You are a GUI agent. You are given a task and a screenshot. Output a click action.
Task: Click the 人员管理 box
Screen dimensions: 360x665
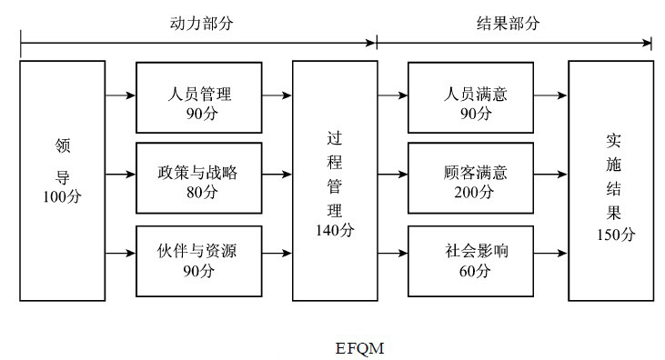pyautogui.click(x=199, y=96)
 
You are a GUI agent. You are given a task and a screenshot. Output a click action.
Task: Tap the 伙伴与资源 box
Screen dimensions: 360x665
pyautogui.click(x=199, y=258)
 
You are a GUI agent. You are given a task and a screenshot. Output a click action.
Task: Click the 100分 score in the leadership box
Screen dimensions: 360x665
pyautogui.click(x=62, y=196)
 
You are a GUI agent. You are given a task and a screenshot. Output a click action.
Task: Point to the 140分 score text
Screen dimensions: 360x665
pyautogui.click(x=335, y=229)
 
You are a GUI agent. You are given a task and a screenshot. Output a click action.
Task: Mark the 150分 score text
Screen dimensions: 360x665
pyautogui.click(x=610, y=235)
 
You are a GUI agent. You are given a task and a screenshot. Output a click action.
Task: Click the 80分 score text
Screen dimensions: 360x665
pyautogui.click(x=199, y=192)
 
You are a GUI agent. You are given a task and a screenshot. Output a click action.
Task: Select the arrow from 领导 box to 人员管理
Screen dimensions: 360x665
pyautogui.click(x=120, y=94)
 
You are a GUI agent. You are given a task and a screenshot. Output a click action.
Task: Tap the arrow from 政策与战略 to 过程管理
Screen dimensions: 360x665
pyautogui.click(x=277, y=174)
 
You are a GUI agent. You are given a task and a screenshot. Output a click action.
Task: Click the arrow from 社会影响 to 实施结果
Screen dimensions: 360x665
pyautogui.click(x=550, y=255)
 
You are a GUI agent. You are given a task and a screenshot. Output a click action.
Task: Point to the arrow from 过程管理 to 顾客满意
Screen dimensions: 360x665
pyautogui.click(x=392, y=174)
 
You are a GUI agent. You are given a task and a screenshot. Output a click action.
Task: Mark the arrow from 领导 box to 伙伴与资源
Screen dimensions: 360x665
pyautogui.click(x=120, y=255)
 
